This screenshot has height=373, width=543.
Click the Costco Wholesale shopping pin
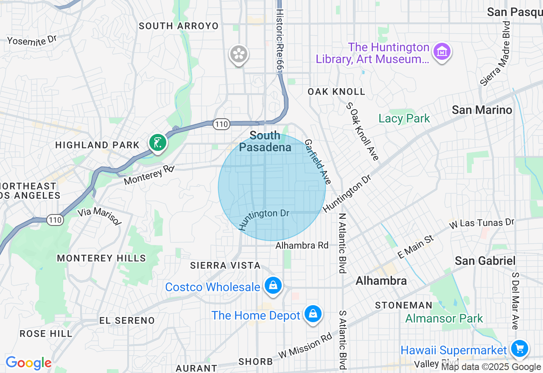point(273,286)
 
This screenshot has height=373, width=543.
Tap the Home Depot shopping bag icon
point(313,314)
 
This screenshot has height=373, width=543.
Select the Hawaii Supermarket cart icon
point(519,349)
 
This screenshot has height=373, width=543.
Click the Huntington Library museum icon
point(442,51)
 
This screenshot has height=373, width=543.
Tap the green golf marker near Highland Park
point(157,143)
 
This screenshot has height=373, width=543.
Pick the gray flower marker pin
point(239,54)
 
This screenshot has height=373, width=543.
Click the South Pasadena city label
point(265,142)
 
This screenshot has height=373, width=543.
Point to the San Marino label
point(482,110)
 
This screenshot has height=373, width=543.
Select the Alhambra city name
point(381,281)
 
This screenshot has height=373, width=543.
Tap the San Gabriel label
point(485,261)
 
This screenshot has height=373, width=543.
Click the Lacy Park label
point(404,119)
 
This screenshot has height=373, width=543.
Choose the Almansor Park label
point(444,318)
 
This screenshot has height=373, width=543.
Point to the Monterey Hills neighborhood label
point(101,258)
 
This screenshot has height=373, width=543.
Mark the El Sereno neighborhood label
point(127,320)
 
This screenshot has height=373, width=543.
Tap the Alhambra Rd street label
point(302,245)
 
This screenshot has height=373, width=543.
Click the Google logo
point(28,363)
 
